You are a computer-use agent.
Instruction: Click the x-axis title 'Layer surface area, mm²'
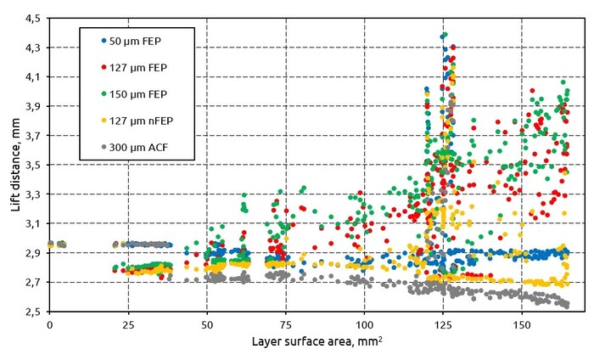coord(317,344)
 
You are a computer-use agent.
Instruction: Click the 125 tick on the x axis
coord(443,325)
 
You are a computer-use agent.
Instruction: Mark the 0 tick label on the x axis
coord(50,325)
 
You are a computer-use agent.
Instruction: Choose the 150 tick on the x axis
coord(522,325)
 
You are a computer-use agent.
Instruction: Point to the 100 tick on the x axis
coord(364,325)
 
